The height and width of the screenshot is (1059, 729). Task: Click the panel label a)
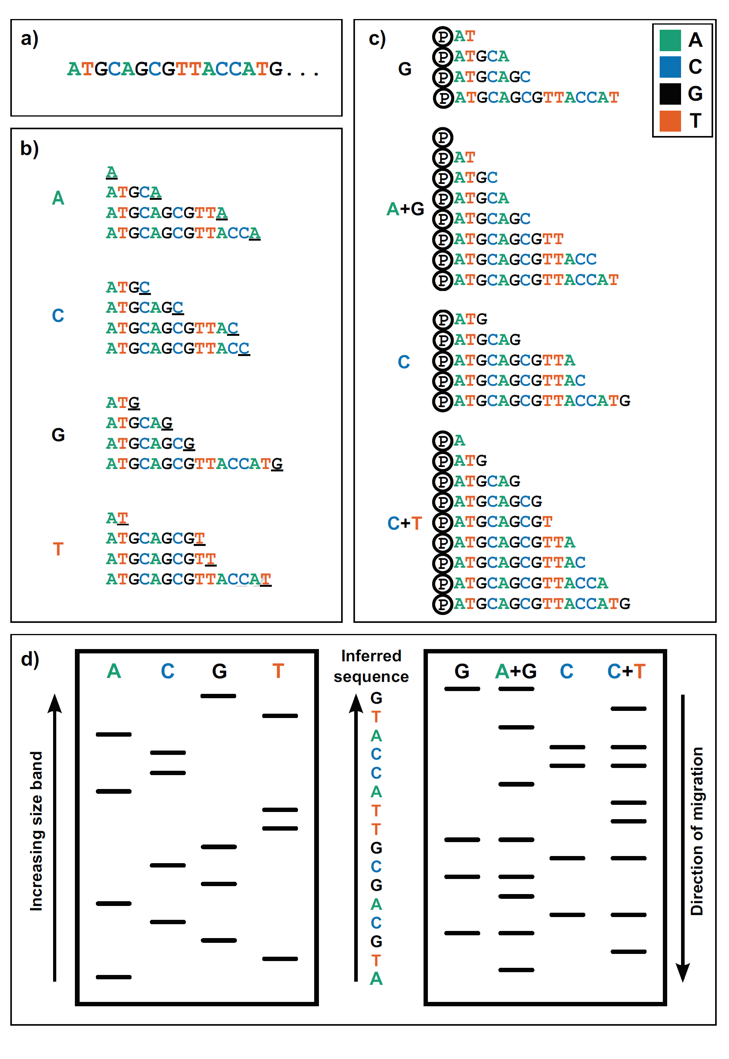[x=30, y=39]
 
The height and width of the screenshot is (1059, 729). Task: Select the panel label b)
[x=30, y=149]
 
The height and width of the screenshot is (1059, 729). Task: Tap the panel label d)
[x=30, y=659]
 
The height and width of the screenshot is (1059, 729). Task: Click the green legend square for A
[x=670, y=40]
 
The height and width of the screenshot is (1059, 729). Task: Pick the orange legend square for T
[x=670, y=121]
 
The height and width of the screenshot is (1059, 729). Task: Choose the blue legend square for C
[x=670, y=67]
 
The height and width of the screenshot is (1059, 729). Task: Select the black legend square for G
[x=670, y=94]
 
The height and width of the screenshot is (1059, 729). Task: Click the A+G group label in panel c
[x=405, y=209]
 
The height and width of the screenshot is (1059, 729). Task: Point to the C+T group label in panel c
[x=404, y=523]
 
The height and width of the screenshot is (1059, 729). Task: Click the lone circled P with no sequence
[x=443, y=137]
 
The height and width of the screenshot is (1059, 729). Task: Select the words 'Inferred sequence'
[x=371, y=666]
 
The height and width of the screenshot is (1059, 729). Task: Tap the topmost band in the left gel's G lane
[x=218, y=696]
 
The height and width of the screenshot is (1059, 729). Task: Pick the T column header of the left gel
[x=278, y=671]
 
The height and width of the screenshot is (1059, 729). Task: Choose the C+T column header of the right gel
[x=626, y=671]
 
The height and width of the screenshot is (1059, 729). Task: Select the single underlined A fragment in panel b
[x=112, y=172]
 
